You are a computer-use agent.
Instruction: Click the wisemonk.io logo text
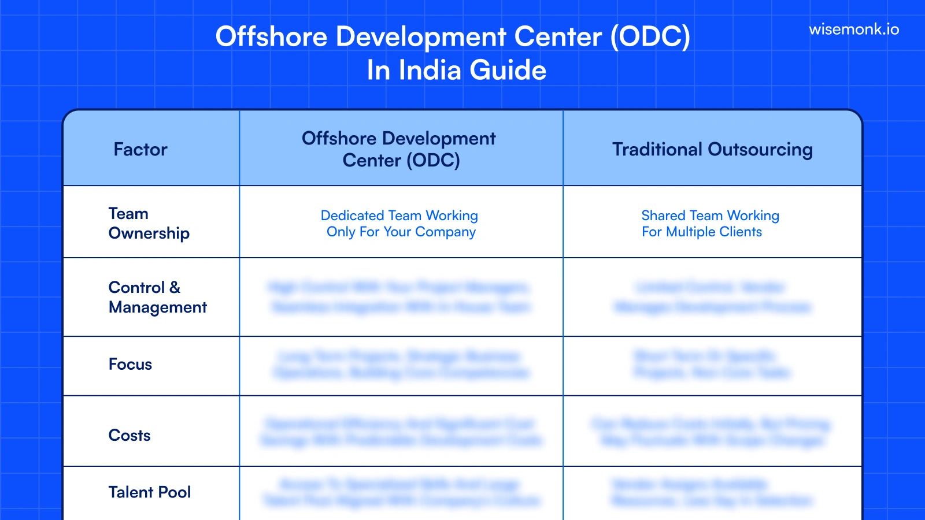click(x=854, y=29)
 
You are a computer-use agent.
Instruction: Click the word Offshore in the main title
click(x=271, y=37)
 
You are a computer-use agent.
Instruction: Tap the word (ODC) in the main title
click(x=650, y=37)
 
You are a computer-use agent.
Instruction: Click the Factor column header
click(x=140, y=150)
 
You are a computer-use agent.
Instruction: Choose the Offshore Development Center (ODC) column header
click(x=401, y=149)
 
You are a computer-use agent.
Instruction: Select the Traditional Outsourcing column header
click(x=712, y=150)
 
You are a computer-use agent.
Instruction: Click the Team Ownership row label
click(x=149, y=223)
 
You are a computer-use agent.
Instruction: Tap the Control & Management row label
click(x=157, y=297)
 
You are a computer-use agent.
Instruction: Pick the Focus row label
click(x=130, y=365)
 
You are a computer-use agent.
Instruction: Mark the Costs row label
click(x=129, y=436)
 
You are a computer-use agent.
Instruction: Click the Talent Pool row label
click(x=149, y=492)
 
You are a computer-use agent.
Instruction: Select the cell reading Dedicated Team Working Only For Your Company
click(x=401, y=224)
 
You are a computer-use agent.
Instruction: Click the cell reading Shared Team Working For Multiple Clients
click(x=710, y=224)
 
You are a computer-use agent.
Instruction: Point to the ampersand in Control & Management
click(x=175, y=287)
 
